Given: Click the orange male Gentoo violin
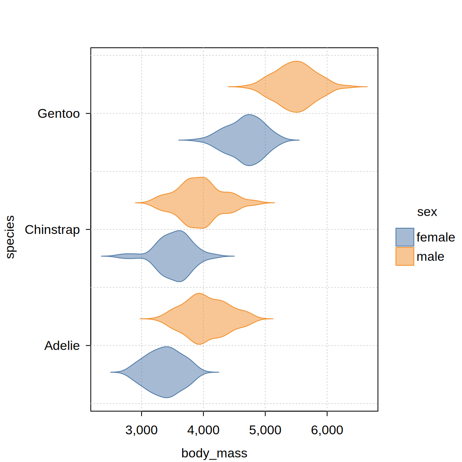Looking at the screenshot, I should pos(296,87).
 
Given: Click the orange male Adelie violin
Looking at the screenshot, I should pos(201,319).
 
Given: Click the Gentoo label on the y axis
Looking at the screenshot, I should pos(59,113).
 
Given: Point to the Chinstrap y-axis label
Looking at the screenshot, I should pos(52,229).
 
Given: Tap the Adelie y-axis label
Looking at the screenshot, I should pos(62,346).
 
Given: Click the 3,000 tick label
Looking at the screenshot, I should pos(141,430).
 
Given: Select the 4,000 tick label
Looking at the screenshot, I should pos(203,430).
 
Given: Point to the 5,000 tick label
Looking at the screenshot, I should pos(265,430).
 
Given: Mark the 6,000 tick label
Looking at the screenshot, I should pos(327,430).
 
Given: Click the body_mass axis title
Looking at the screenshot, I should pos(214,453).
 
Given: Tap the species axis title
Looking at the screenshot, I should pos(10,237).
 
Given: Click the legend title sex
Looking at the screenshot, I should pos(427,212).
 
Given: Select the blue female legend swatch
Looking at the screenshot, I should pos(405,237).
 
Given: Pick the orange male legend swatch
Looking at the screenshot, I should pos(405,256).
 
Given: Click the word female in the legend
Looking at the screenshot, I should pos(436,237).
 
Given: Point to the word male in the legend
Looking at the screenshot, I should pos(430,256).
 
